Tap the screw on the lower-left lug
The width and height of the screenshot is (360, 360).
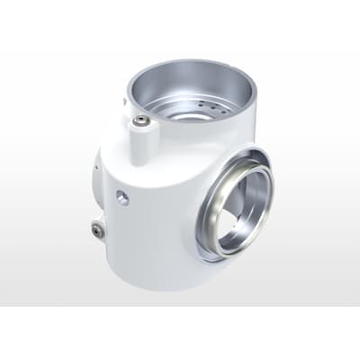97,230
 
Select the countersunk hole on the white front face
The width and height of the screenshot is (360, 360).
122,197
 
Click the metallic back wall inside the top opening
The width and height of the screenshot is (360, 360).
193,85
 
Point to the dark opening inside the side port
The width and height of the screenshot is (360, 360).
240,211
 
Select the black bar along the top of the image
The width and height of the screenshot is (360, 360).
180,25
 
